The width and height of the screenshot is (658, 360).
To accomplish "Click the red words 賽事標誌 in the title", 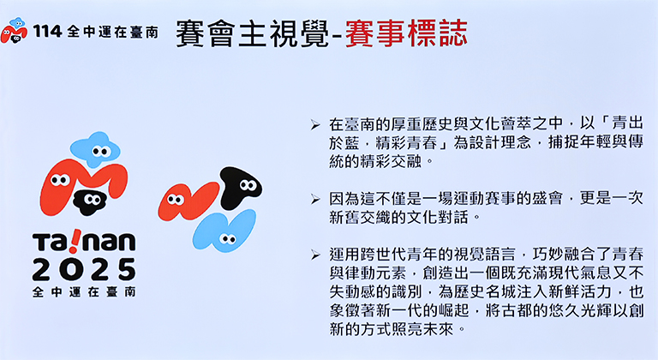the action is pos(406,33).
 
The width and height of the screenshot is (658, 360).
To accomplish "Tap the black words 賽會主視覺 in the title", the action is pos(252,33).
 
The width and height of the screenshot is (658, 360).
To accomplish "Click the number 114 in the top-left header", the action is pos(47,31).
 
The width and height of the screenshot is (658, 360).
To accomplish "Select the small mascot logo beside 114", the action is pos(14,30).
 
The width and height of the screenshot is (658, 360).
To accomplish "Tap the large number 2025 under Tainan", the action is pos(84,270).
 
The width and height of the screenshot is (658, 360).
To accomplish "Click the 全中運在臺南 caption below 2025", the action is pos(84,292).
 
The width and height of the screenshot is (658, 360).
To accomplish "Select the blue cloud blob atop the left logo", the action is pos(95,149).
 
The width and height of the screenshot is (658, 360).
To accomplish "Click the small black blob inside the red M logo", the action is pos(89,201).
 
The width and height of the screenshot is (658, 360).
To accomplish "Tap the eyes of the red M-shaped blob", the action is pos(60,180).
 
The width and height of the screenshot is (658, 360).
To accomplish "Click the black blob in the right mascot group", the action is pos(240,188).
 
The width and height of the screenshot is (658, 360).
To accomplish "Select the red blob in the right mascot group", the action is pos(188,201).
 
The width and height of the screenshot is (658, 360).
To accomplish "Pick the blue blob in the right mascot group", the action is pos(225,231).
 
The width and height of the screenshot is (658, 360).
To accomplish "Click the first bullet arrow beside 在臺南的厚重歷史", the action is pos(315,125).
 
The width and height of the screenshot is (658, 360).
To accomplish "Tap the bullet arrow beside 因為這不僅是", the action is pos(315,199).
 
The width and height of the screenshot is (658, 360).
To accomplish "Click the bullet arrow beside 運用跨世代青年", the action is pos(315,255).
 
